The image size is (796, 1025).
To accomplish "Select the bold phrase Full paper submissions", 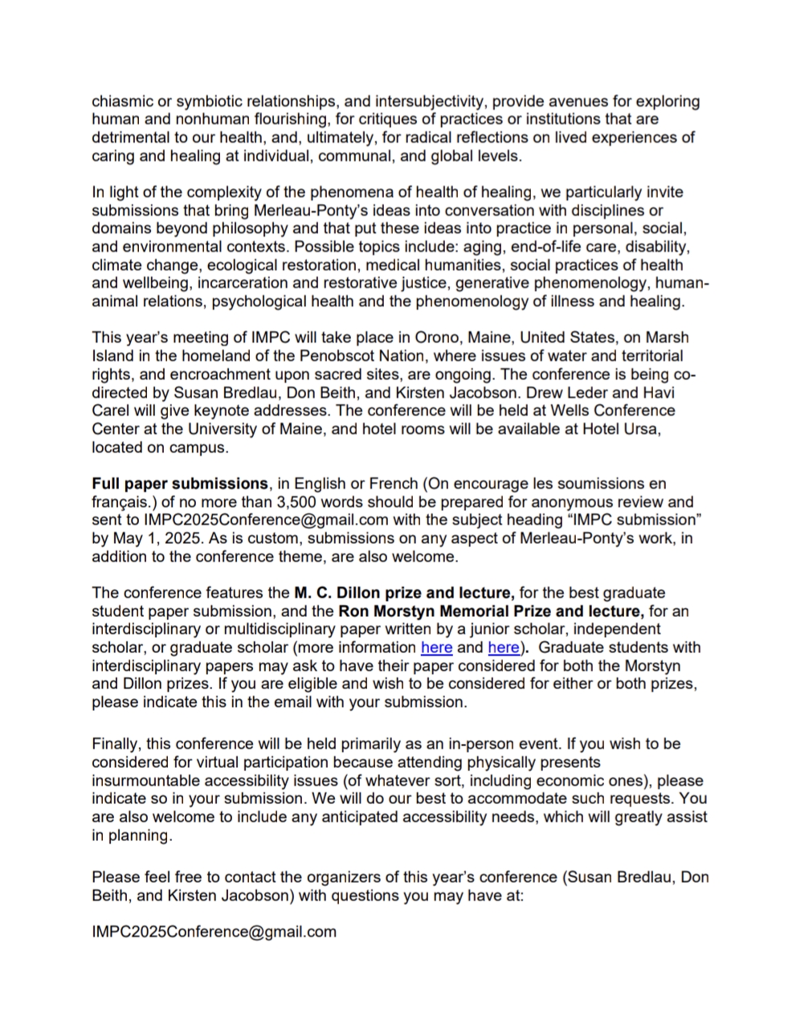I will (x=179, y=484).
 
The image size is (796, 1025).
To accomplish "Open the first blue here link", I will (x=436, y=647).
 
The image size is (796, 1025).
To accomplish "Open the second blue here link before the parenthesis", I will (x=503, y=647).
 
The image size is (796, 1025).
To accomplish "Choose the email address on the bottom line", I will (x=214, y=932).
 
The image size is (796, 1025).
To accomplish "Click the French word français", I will (x=121, y=502).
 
